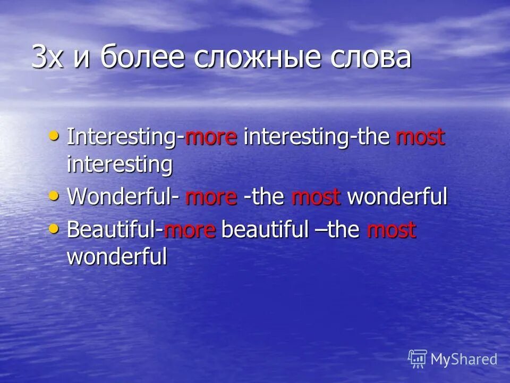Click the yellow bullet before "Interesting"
[54, 136]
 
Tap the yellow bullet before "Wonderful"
[54, 196]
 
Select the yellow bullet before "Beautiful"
[54, 229]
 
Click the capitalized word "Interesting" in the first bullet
[122, 138]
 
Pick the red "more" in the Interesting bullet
[210, 138]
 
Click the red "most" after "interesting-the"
[420, 138]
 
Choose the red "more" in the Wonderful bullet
[211, 197]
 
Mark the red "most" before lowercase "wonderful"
[316, 197]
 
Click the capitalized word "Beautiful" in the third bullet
[112, 230]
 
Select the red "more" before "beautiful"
[190, 230]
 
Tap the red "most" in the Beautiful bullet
[392, 230]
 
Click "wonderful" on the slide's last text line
[117, 257]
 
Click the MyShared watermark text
[464, 360]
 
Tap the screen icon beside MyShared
[418, 359]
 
